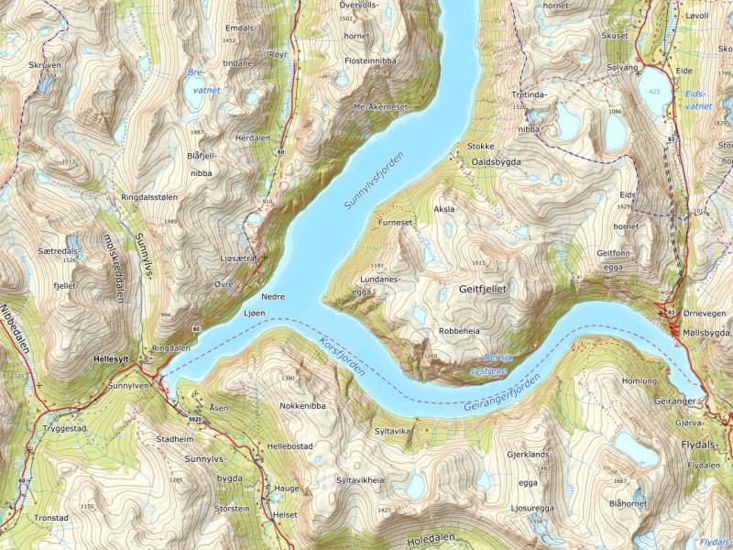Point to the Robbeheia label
point(460,330)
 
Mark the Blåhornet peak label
point(628,503)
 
